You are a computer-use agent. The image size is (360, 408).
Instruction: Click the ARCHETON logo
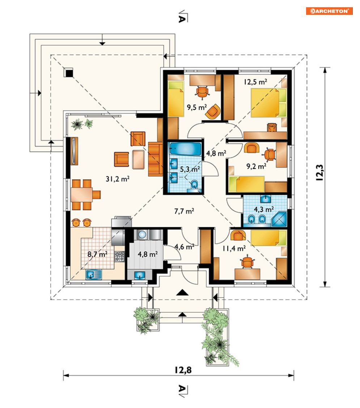329,11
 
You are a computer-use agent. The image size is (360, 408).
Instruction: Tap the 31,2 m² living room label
118,179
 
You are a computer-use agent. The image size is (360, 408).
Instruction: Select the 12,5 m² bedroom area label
255,82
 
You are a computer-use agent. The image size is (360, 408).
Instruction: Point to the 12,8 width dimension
183,370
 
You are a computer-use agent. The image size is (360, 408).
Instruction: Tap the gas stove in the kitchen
119,256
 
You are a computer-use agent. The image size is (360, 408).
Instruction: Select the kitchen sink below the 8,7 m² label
94,274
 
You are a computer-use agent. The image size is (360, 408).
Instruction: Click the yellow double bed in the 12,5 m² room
268,103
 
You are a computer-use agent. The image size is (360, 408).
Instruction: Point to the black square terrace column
69,73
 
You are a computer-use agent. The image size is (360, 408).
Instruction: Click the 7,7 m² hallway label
184,211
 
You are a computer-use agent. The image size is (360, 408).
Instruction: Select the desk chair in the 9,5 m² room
202,92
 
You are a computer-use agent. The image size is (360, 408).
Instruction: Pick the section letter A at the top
182,18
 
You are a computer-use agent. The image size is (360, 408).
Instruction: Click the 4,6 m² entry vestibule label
185,247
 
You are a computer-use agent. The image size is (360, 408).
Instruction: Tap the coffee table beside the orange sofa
138,160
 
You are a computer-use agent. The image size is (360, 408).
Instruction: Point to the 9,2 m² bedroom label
256,166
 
